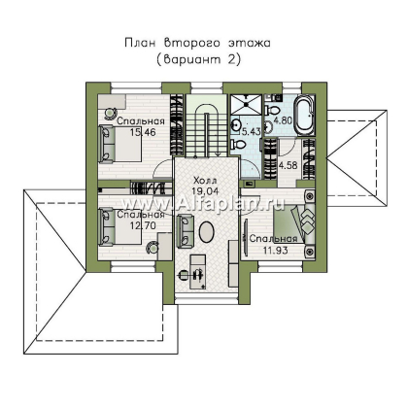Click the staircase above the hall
tap(203, 126)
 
